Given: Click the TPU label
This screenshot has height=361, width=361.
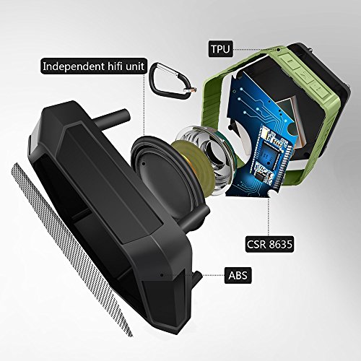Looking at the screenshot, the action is click(x=220, y=49).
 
